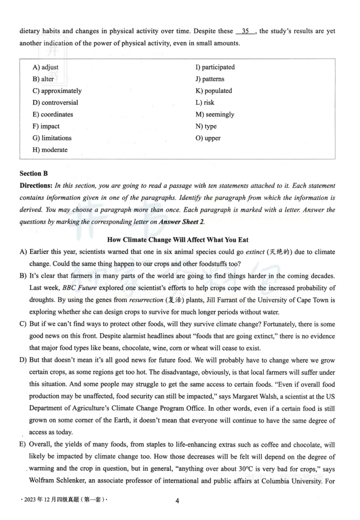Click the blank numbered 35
point(245,32)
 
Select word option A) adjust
point(45,68)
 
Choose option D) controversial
point(55,103)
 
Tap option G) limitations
point(52,138)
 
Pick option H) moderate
point(50,150)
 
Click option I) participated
point(215,68)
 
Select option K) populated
point(213,91)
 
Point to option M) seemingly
point(215,115)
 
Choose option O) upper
point(208,138)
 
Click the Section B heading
point(34,173)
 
